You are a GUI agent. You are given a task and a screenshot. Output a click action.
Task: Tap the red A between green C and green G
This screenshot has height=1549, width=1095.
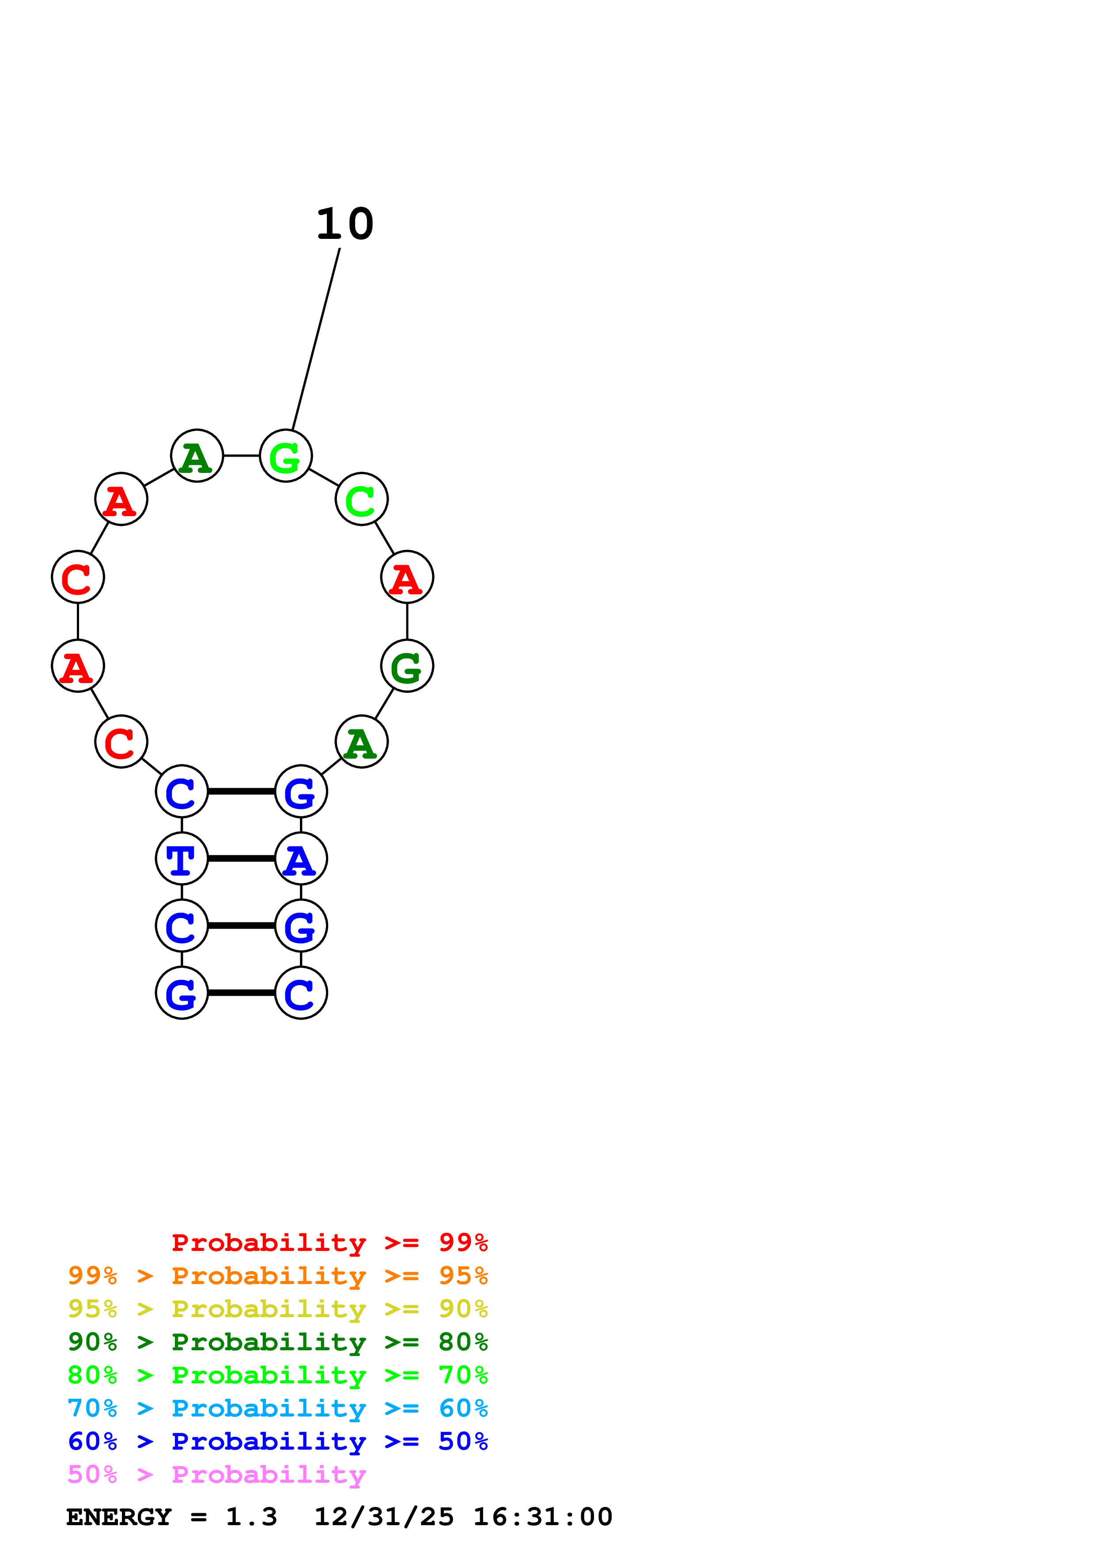tap(407, 578)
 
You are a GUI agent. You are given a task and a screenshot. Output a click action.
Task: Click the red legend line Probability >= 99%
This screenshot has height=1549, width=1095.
tap(329, 1243)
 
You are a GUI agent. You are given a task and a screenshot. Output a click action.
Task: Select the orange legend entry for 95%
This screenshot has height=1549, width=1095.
tap(277, 1276)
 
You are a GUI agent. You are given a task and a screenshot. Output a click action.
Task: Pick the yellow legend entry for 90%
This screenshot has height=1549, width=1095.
tap(277, 1309)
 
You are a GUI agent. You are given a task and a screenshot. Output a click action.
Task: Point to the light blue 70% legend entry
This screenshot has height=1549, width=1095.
tap(277, 1408)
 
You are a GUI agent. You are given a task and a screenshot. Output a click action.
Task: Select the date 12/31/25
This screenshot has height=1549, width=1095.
tap(383, 1517)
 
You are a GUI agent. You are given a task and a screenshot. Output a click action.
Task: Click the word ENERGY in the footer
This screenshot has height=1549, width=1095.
tap(119, 1517)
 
